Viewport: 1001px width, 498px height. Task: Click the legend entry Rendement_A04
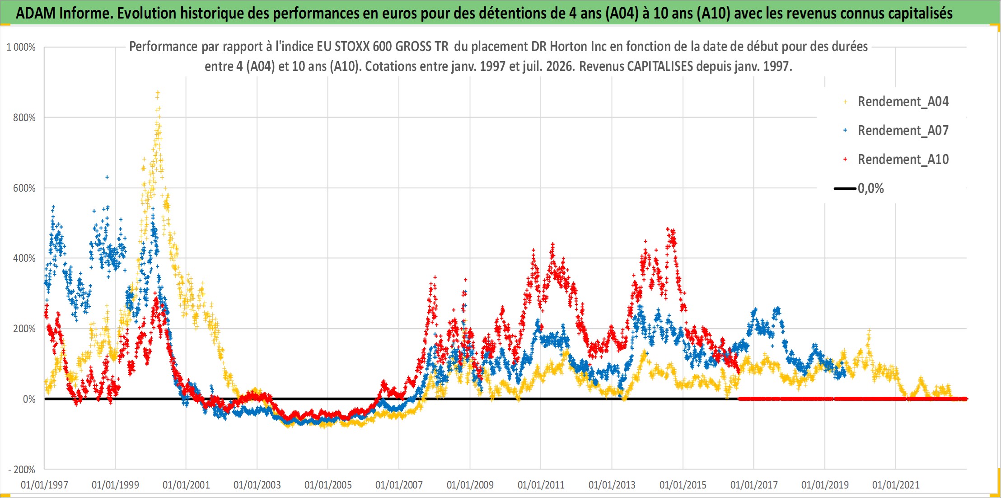(896, 102)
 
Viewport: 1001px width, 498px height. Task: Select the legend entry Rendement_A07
(896, 131)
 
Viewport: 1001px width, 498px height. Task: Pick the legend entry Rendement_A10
(896, 160)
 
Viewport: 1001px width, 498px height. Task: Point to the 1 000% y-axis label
(21, 47)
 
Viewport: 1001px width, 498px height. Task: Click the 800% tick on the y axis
(24, 118)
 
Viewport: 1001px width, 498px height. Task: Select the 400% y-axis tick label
(24, 258)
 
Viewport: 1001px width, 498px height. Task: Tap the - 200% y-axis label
(22, 470)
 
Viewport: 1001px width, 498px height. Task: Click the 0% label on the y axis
(29, 399)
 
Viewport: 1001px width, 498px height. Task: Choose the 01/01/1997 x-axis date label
(44, 485)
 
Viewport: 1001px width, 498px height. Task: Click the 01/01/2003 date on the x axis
(257, 485)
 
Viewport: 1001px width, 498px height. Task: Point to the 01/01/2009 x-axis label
(470, 485)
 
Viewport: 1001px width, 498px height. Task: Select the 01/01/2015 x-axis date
(683, 485)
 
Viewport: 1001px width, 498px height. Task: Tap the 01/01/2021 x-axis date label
(896, 485)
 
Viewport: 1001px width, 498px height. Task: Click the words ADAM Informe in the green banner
(64, 13)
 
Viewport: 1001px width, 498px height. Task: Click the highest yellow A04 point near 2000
(158, 93)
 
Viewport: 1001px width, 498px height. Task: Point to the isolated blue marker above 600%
(107, 177)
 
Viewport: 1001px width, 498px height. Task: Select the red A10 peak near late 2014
(668, 229)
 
